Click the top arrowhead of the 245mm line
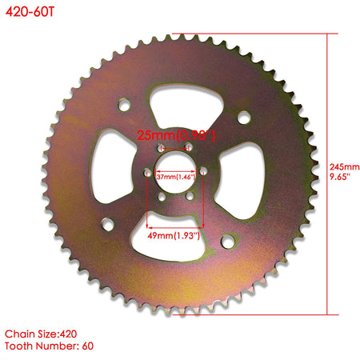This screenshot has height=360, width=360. click(x=327, y=36)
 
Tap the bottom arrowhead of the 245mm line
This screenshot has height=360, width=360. click(x=327, y=310)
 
